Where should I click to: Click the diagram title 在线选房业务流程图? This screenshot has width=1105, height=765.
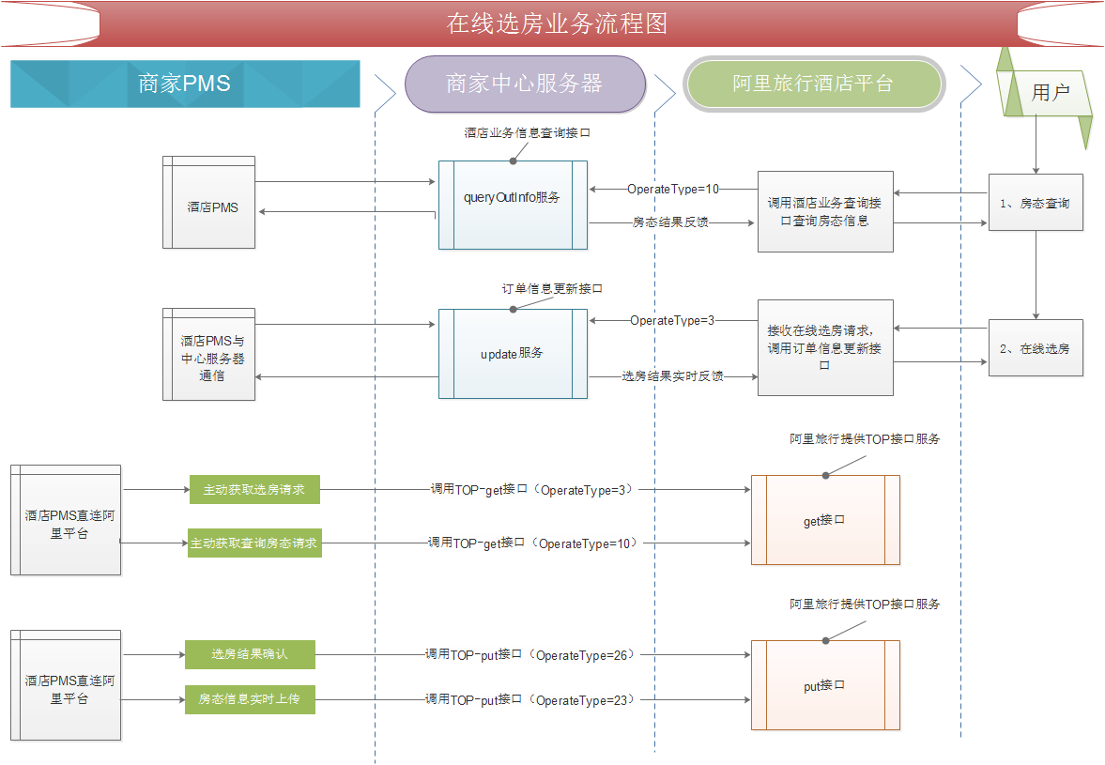[x=557, y=23]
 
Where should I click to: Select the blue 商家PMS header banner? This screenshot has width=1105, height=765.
[x=185, y=84]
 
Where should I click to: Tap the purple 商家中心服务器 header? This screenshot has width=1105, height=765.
[x=525, y=84]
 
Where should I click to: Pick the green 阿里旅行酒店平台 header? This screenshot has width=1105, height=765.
[x=814, y=84]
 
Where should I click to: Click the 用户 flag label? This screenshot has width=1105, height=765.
[x=1050, y=92]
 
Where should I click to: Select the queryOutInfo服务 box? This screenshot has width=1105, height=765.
[x=513, y=205]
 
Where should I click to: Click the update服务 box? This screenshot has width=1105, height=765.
[x=513, y=354]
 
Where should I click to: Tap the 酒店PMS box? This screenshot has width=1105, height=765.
[x=208, y=202]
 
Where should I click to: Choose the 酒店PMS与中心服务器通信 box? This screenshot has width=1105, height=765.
[x=208, y=354]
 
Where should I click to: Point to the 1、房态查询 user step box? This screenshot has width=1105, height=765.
[x=1036, y=203]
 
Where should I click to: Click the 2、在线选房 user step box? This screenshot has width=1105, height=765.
[x=1036, y=348]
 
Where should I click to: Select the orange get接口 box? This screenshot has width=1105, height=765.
[x=825, y=520]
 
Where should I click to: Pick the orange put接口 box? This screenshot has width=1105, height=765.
[x=825, y=685]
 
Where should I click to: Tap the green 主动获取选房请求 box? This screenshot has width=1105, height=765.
[x=254, y=490]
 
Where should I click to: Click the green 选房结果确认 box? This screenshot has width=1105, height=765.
[x=250, y=654]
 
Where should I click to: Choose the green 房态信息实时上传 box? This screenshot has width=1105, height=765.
[x=250, y=699]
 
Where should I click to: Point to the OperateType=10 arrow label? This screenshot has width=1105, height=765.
[x=673, y=189]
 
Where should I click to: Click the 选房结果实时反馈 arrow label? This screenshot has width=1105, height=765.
[x=672, y=376]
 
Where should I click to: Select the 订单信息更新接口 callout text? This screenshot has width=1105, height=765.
[x=552, y=289]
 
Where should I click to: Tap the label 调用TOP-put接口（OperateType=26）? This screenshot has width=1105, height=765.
[x=529, y=655]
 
